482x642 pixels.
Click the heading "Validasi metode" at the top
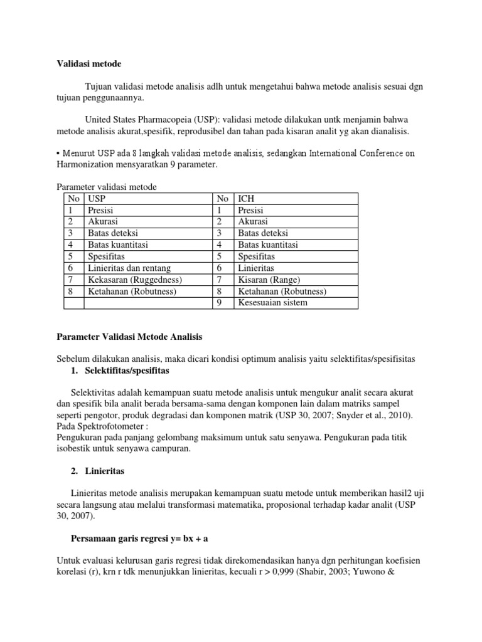pos(89,63)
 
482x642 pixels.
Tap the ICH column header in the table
pos(246,199)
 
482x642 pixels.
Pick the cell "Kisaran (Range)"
pos(269,280)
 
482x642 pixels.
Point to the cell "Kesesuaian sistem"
pos(273,303)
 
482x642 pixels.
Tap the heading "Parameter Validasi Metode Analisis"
pos(130,337)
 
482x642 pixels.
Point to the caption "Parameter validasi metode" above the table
pos(107,187)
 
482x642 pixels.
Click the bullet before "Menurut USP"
pos(59,154)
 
